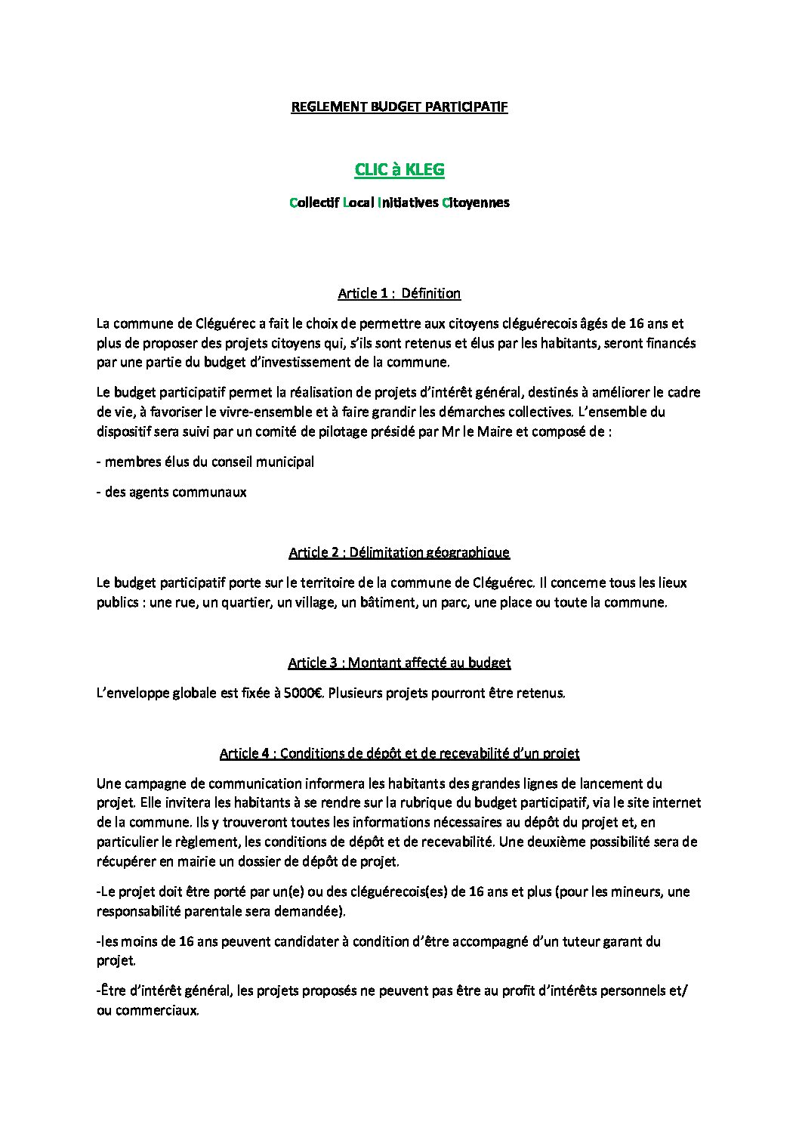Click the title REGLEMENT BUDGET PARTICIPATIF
click(399, 107)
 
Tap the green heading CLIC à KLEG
click(399, 170)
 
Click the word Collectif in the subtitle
click(313, 202)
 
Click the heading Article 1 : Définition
click(399, 293)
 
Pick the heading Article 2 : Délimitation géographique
click(399, 552)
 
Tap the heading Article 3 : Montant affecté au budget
click(399, 663)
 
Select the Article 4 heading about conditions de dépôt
click(399, 753)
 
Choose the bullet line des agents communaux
click(171, 492)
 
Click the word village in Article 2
click(316, 602)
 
